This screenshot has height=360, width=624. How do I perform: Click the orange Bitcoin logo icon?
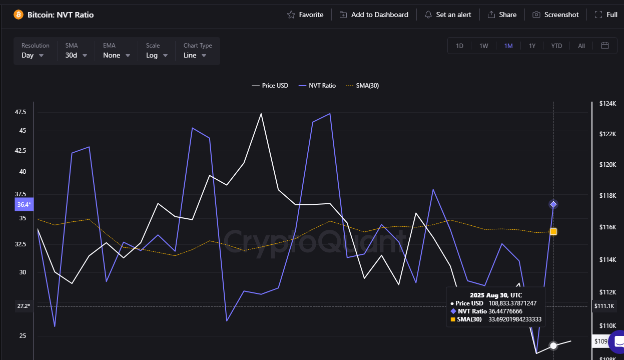(19, 15)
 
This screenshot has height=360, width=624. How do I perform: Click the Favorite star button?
(305, 15)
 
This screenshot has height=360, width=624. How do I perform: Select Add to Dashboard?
(374, 15)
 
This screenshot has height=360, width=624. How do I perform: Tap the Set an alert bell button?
(448, 15)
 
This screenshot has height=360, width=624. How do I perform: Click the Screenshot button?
(555, 15)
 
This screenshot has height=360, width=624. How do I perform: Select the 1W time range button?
(483, 46)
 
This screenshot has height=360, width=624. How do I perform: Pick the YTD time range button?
(556, 46)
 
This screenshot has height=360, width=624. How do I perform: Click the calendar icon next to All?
(605, 46)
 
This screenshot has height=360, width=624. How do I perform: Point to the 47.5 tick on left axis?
(21, 112)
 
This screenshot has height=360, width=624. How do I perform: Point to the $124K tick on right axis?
(607, 104)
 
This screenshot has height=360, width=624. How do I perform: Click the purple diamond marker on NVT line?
(553, 204)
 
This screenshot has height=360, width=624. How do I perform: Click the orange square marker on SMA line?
(553, 231)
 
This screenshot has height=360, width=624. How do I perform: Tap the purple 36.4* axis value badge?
(24, 204)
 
